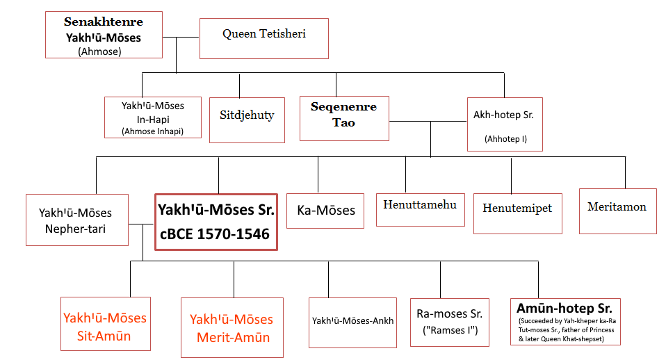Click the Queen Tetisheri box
click(x=263, y=38)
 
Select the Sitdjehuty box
click(x=247, y=120)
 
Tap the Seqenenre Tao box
click(x=344, y=118)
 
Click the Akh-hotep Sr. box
click(x=505, y=124)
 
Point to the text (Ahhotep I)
click(x=505, y=139)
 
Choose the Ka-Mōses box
click(x=325, y=210)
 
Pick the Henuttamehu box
click(x=420, y=204)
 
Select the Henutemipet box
click(x=512, y=208)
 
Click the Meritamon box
click(x=617, y=206)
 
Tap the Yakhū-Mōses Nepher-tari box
click(x=76, y=220)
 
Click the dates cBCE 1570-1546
click(x=215, y=234)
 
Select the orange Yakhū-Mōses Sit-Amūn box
click(x=105, y=327)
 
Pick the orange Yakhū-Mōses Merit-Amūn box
click(x=232, y=327)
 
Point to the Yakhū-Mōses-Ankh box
click(x=352, y=321)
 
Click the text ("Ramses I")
click(x=450, y=330)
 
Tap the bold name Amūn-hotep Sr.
click(x=565, y=308)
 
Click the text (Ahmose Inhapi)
click(x=152, y=131)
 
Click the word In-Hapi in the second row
click(x=152, y=118)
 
